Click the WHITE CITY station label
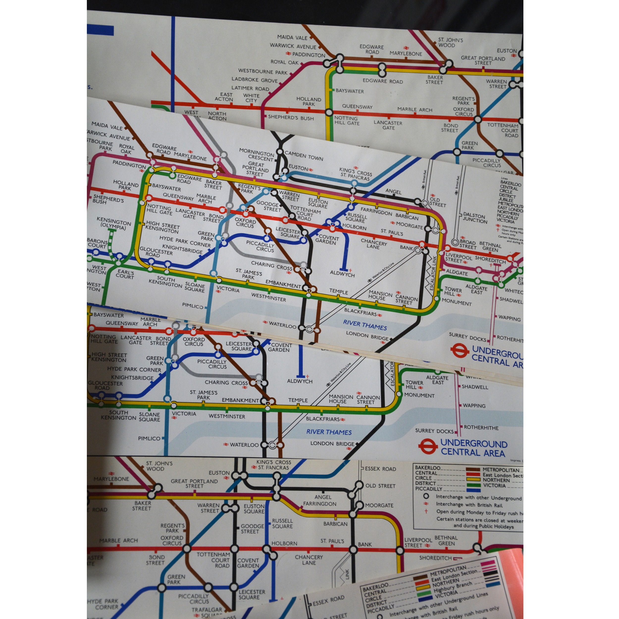click(x=251, y=98)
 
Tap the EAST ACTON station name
click(x=224, y=97)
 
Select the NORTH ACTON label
click(x=217, y=116)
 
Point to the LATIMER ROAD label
click(x=250, y=88)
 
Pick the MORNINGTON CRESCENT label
click(x=257, y=155)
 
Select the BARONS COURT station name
click(x=97, y=243)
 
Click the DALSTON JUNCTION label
click(x=475, y=218)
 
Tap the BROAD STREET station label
click(x=468, y=244)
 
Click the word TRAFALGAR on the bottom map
click(x=207, y=610)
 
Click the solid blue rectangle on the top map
click(x=100, y=30)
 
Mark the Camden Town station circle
click(x=280, y=152)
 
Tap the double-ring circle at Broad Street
click(x=455, y=243)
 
